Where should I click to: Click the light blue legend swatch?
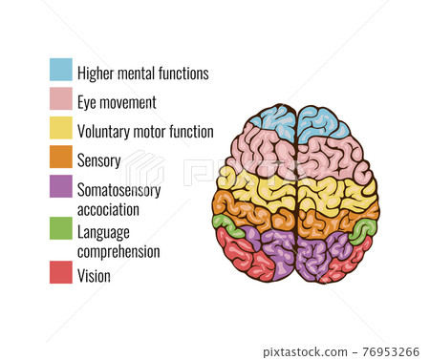click(x=61, y=70)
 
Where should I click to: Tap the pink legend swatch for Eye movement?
click(x=61, y=98)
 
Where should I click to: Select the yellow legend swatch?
click(x=61, y=128)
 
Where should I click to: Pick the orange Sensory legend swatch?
click(x=61, y=157)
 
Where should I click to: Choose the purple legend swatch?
click(x=61, y=186)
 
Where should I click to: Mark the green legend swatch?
click(x=61, y=229)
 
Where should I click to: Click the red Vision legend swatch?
click(x=61, y=273)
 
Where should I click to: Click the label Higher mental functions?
click(x=142, y=73)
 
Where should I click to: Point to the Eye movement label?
click(x=117, y=101)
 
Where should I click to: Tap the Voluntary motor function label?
click(x=145, y=132)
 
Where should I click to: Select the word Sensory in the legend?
click(x=98, y=160)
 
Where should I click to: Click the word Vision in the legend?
click(x=94, y=276)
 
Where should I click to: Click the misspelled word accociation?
click(x=108, y=208)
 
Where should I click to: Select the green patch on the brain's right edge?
click(x=362, y=229)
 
